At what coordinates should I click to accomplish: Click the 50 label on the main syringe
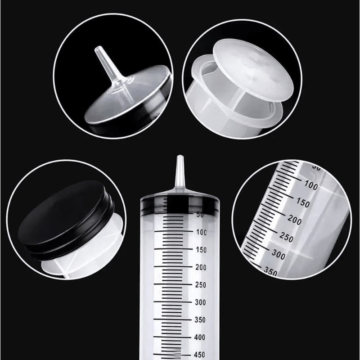pyautogui.click(x=200, y=215)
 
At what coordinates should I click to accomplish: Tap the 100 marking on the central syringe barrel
pyautogui.click(x=201, y=232)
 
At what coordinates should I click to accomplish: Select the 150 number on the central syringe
pyautogui.click(x=201, y=250)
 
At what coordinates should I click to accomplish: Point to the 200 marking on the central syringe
pyautogui.click(x=201, y=267)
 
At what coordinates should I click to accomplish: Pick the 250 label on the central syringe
pyautogui.click(x=201, y=285)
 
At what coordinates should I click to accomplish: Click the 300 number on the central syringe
pyautogui.click(x=201, y=302)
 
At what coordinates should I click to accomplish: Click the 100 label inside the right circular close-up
pyautogui.click(x=310, y=185)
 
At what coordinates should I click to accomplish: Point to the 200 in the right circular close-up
pyautogui.click(x=294, y=220)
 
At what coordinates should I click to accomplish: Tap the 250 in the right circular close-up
pyautogui.click(x=286, y=237)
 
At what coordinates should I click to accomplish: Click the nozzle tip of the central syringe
pyautogui.click(x=180, y=158)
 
